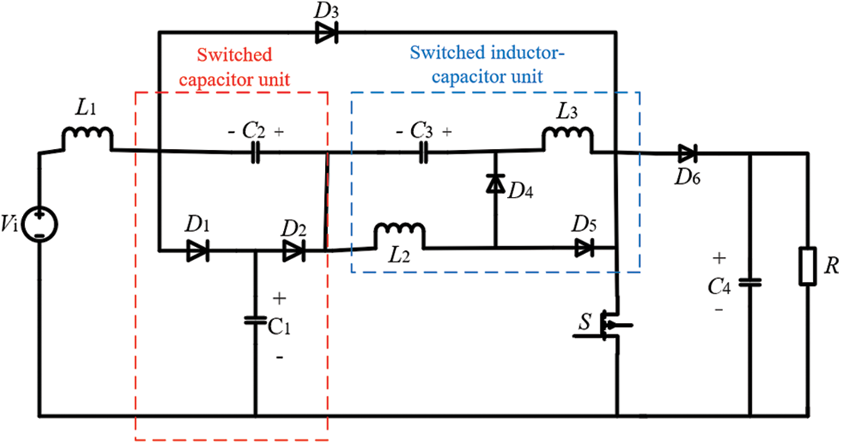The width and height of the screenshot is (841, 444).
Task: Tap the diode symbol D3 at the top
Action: pyautogui.click(x=327, y=32)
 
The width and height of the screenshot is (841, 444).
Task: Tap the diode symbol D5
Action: pyautogui.click(x=584, y=248)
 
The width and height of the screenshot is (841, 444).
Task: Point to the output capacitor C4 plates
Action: pyautogui.click(x=750, y=281)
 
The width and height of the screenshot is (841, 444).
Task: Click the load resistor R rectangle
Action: pyautogui.click(x=808, y=267)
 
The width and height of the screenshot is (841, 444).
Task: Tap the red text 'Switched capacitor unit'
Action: pyautogui.click(x=235, y=66)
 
